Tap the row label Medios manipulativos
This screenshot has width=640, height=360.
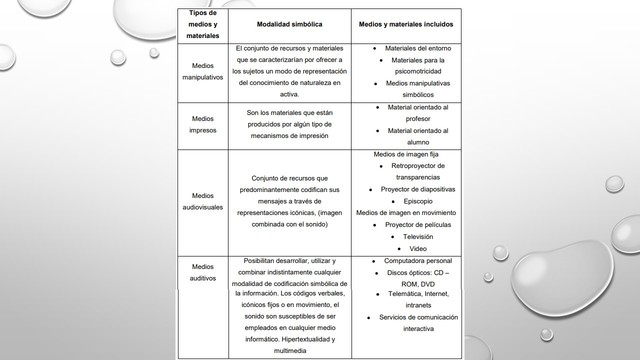tap(203, 71)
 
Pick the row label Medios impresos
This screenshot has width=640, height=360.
tap(203, 124)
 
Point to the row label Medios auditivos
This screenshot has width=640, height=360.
tap(203, 272)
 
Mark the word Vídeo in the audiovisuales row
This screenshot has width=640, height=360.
tap(418, 248)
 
